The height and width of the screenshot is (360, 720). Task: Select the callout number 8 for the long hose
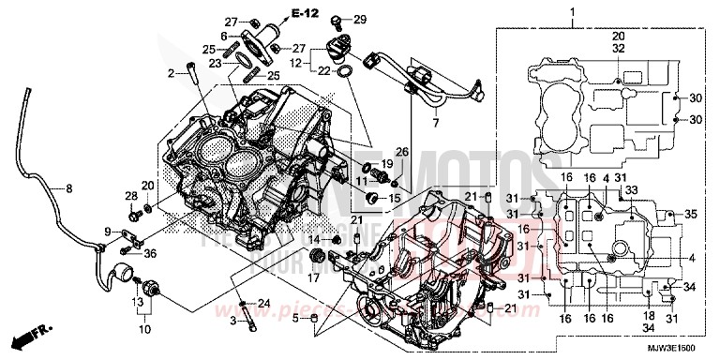(x=67, y=189)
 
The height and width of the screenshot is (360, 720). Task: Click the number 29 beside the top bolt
(x=360, y=20)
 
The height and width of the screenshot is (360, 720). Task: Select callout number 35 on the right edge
(x=690, y=215)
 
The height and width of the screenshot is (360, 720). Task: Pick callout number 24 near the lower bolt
(x=263, y=303)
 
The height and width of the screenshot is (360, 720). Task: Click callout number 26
(x=401, y=152)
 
